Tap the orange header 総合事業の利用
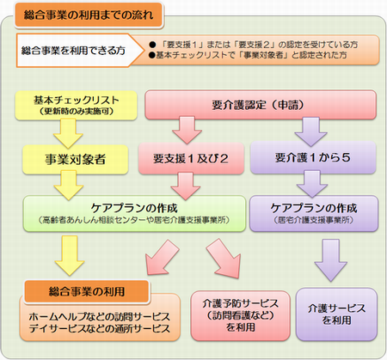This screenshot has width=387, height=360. pyautogui.click(x=86, y=286)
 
